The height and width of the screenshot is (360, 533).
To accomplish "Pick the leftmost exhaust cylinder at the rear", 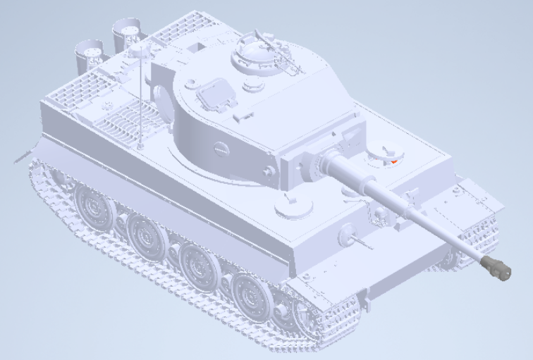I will (x=90, y=51).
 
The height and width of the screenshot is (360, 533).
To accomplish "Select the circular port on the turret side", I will (x=221, y=149).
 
